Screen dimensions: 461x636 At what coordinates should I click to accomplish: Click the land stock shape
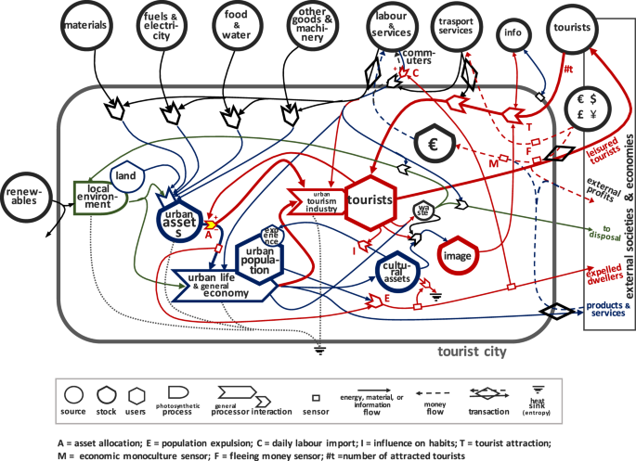[129, 177]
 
